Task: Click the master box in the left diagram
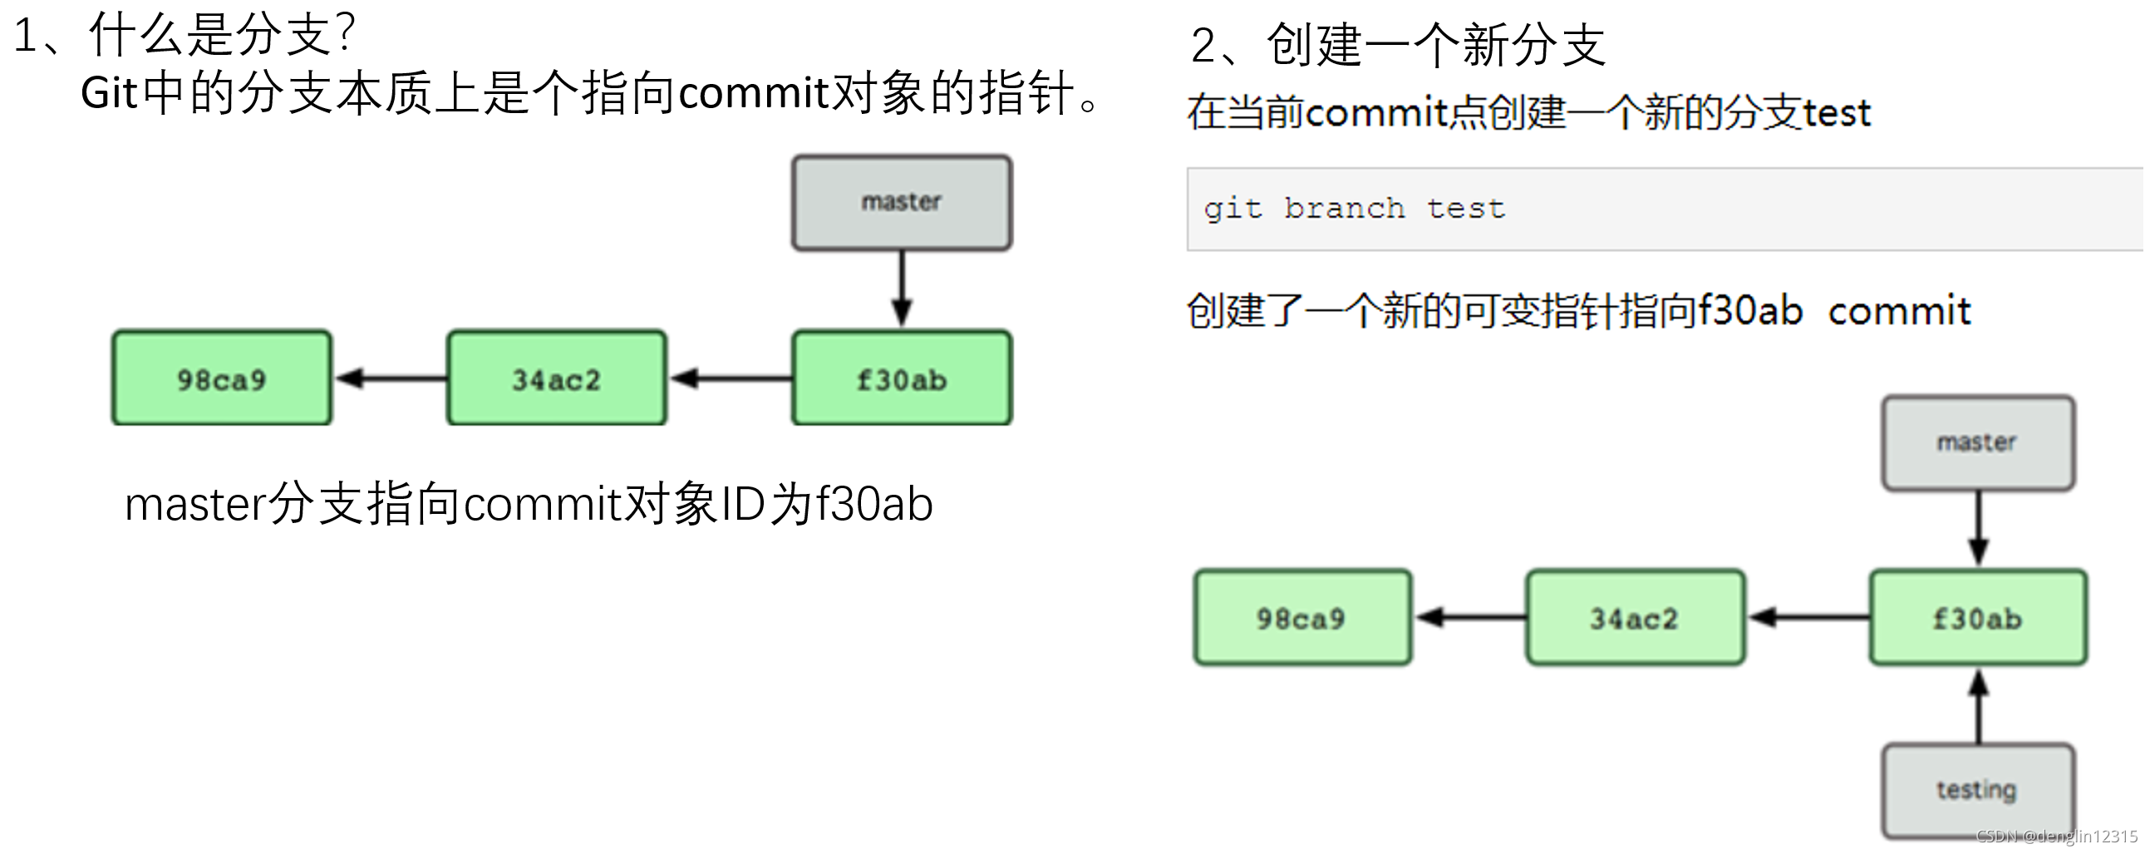tap(902, 203)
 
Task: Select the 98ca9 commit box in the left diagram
tap(222, 378)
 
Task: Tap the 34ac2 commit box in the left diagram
tap(557, 378)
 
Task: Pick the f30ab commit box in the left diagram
tap(902, 378)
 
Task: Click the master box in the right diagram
tap(1977, 443)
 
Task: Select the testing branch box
tap(1977, 791)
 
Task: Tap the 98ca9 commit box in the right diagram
tap(1302, 618)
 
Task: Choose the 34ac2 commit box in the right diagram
tap(1635, 618)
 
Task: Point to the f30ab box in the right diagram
tap(1977, 618)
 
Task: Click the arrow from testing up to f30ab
tap(1978, 705)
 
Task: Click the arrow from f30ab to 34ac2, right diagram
tap(1808, 618)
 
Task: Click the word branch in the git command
tap(1344, 208)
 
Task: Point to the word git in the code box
tap(1232, 210)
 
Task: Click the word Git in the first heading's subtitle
tap(109, 92)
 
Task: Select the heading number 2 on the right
tap(1203, 45)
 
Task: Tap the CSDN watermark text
tap(2057, 837)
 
